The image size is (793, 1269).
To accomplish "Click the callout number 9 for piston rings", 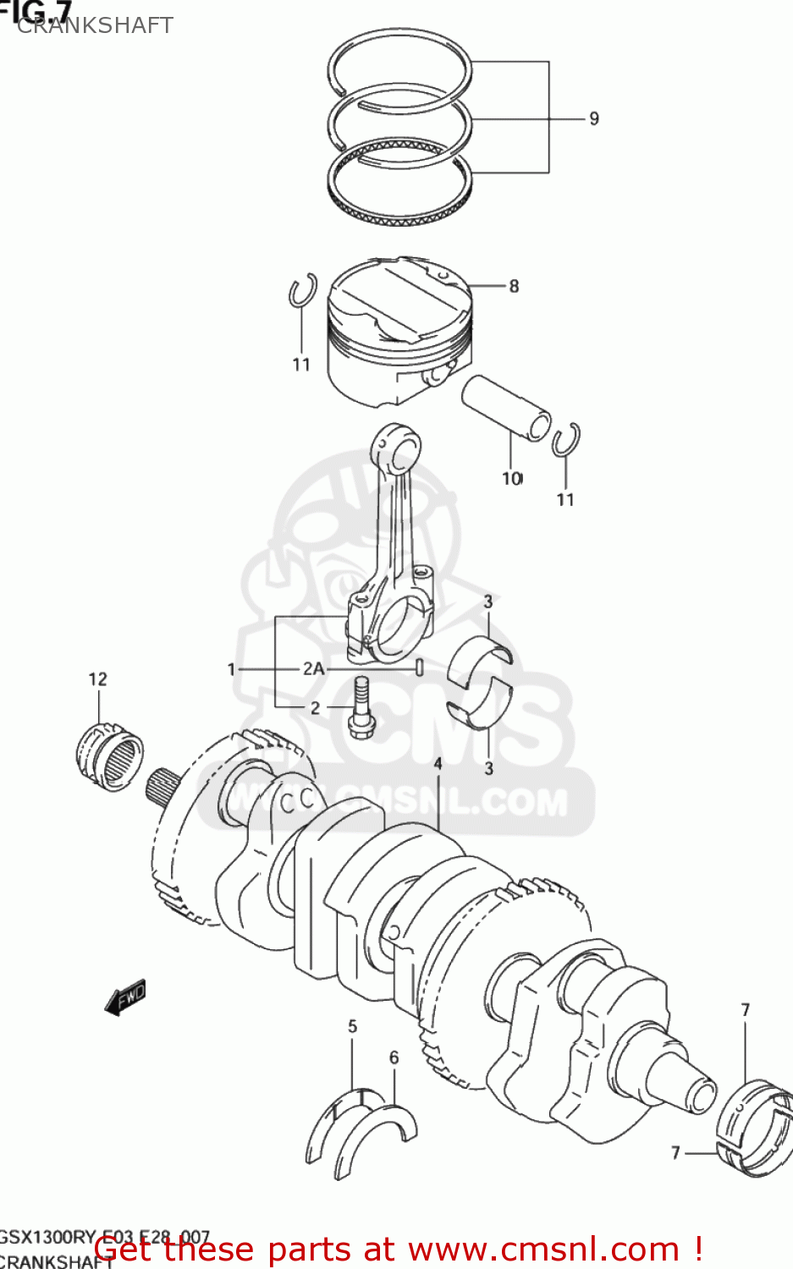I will click(x=594, y=118).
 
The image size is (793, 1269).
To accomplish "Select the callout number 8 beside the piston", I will click(x=514, y=286).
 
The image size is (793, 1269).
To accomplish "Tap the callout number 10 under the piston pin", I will click(x=512, y=479).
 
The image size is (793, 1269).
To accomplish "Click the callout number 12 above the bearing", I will click(x=97, y=678).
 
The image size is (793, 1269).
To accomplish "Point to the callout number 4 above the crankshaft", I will click(x=438, y=763).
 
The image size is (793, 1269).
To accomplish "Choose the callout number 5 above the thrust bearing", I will click(x=352, y=1026).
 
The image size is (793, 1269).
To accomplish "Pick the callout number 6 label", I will click(x=394, y=1057).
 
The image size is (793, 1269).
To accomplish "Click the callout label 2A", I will click(x=313, y=668).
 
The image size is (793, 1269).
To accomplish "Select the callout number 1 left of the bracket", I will click(x=231, y=669).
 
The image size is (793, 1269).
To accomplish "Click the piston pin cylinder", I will click(x=505, y=407).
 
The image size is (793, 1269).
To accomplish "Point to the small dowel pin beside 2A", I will click(x=418, y=668).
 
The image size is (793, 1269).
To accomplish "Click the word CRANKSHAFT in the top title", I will click(x=95, y=25).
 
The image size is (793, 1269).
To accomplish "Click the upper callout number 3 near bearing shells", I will click(x=488, y=602).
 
